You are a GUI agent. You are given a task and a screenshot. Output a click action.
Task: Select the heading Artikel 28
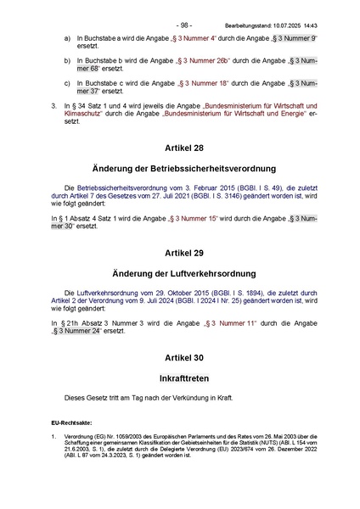180,148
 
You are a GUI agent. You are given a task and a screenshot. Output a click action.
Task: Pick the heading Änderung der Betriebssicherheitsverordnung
180,168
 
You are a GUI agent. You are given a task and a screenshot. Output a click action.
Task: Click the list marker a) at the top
68,39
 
